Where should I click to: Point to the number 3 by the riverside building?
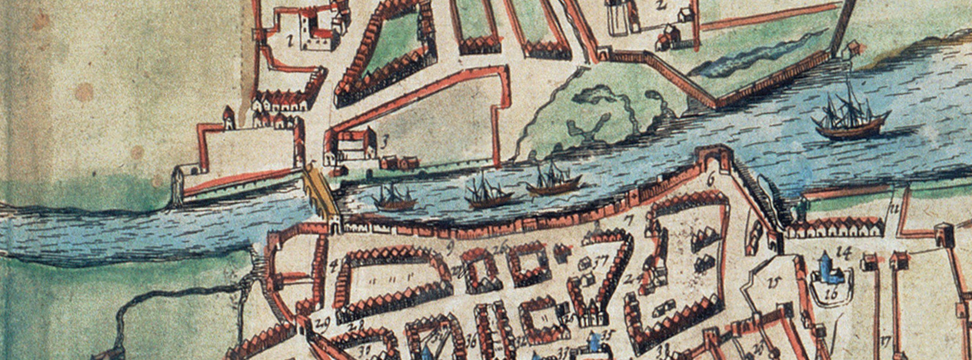[384, 144]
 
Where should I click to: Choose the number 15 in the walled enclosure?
[772, 282]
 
